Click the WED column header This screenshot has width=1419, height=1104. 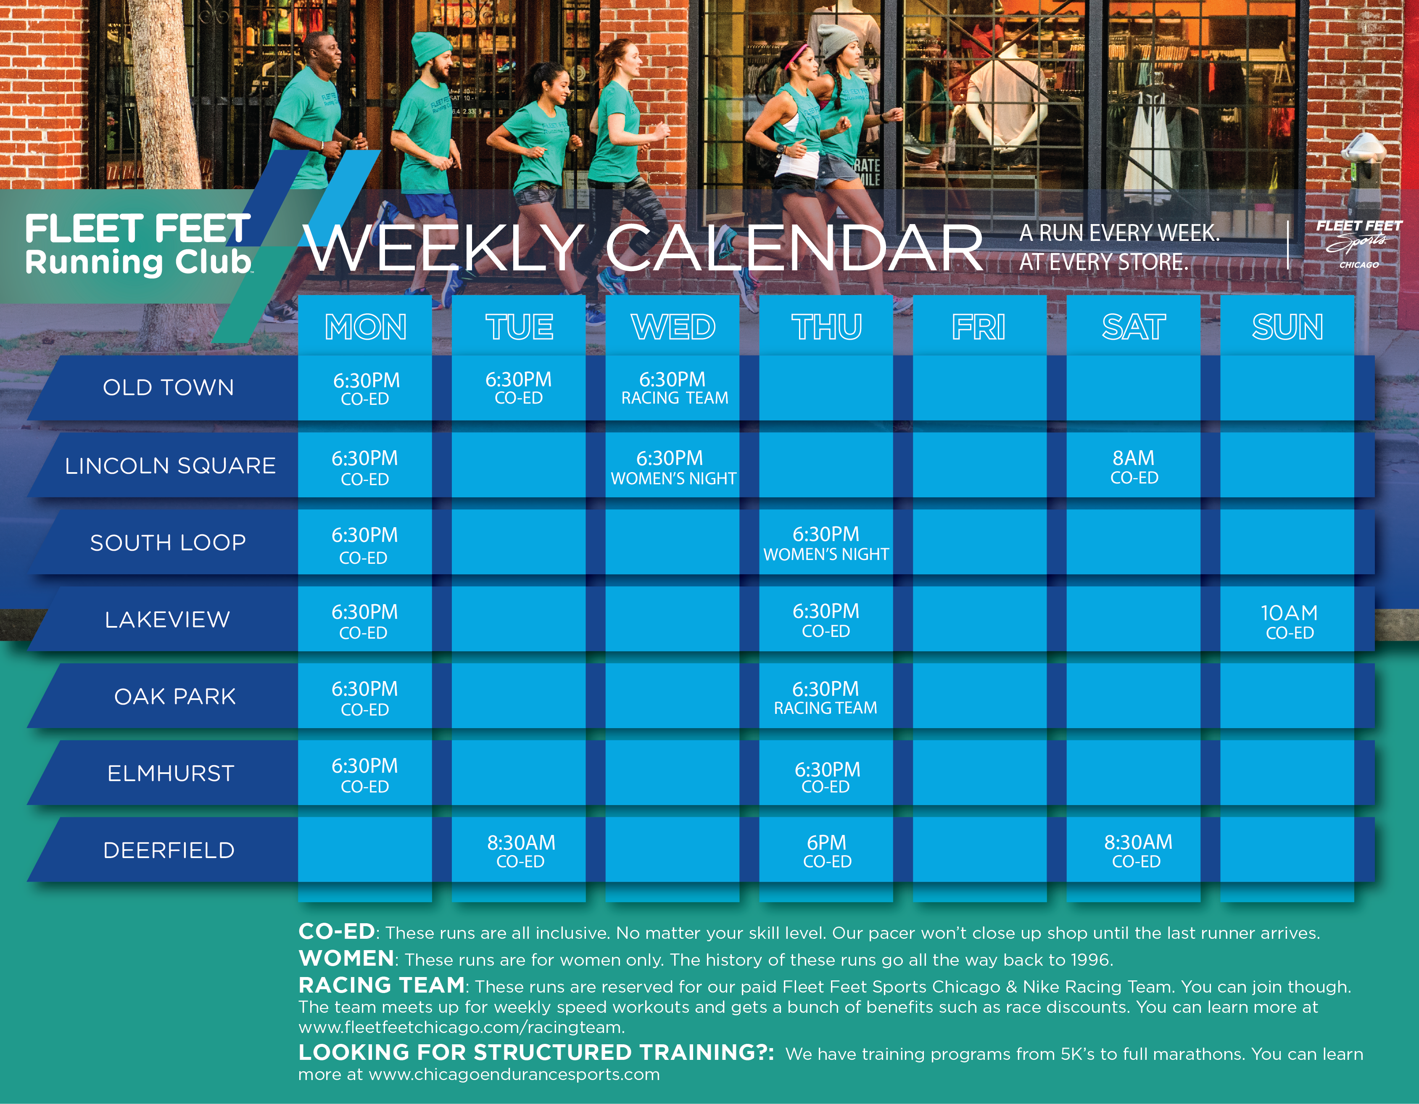(x=673, y=326)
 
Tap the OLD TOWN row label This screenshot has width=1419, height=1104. (x=168, y=387)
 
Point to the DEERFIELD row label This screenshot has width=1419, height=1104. (x=169, y=850)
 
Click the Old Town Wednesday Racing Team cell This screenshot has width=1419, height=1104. (x=673, y=388)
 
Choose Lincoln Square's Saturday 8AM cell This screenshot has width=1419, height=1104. (x=1134, y=465)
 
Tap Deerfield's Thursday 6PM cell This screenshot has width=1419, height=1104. (x=826, y=850)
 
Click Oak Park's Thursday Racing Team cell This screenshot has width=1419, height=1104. (x=826, y=696)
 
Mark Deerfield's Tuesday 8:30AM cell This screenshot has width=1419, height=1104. (x=519, y=850)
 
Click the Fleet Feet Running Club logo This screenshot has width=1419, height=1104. (x=138, y=245)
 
